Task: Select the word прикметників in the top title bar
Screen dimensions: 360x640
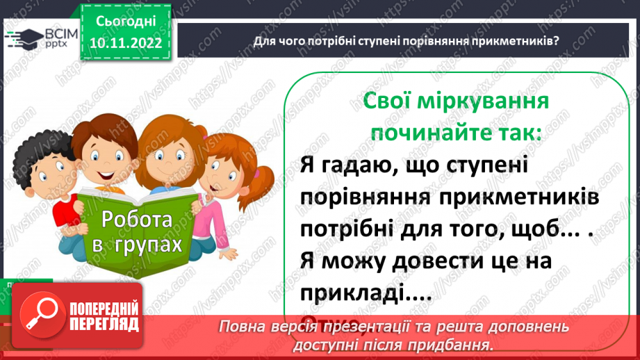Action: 516,41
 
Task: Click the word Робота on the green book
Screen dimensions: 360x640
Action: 137,220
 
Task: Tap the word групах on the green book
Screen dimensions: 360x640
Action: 150,245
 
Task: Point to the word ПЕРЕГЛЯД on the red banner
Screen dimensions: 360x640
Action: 105,325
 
